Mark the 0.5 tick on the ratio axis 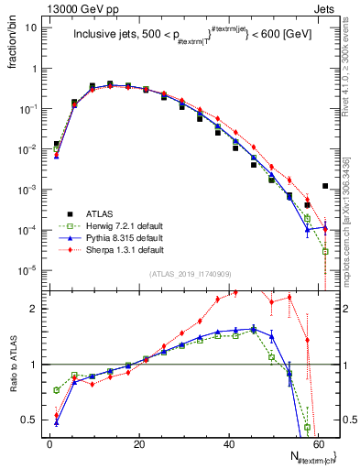[30, 420]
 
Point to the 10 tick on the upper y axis [31, 27]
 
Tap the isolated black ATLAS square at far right [325, 187]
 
